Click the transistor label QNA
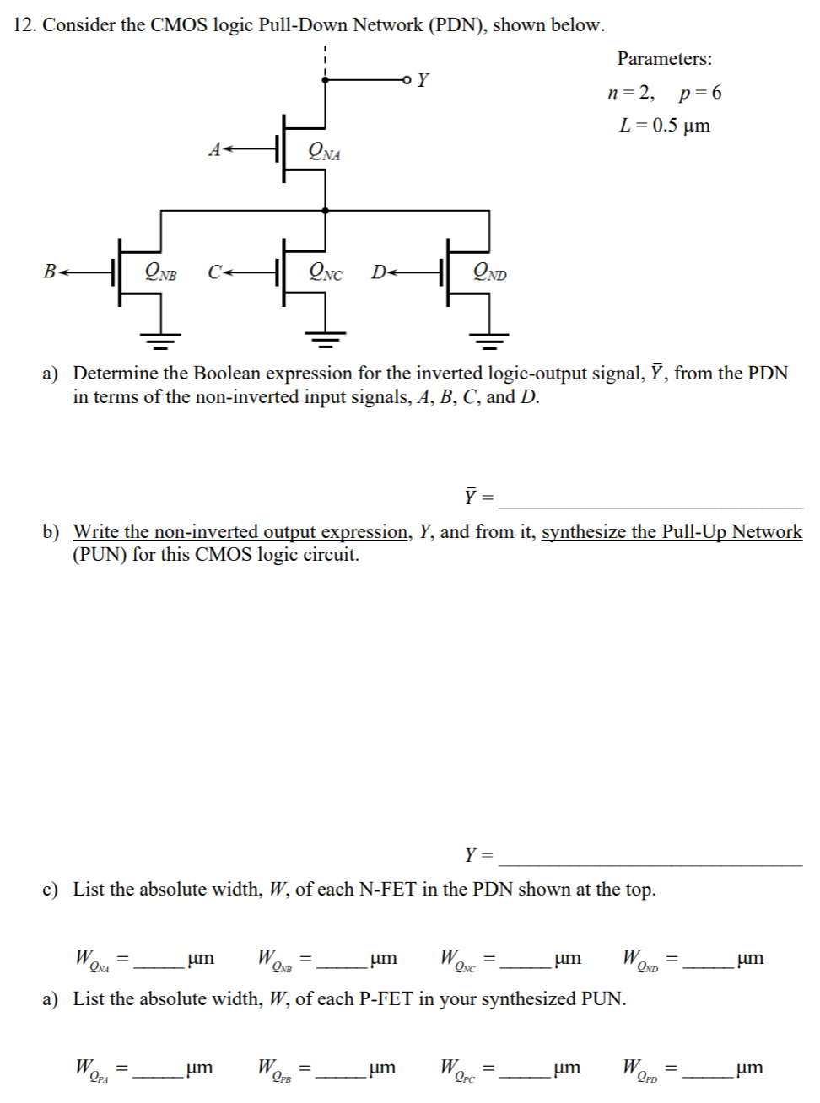[325, 152]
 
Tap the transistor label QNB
[161, 272]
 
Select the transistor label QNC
[326, 272]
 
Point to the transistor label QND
[490, 272]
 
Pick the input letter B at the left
[50, 272]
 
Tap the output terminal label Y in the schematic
[423, 80]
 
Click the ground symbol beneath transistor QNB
[161, 340]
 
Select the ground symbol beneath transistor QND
[489, 340]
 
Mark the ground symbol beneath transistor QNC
[326, 340]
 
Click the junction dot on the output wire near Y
[326, 80]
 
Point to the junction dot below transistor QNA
[326, 210]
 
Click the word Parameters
[664, 59]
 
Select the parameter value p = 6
[700, 93]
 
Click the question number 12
[25, 25]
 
